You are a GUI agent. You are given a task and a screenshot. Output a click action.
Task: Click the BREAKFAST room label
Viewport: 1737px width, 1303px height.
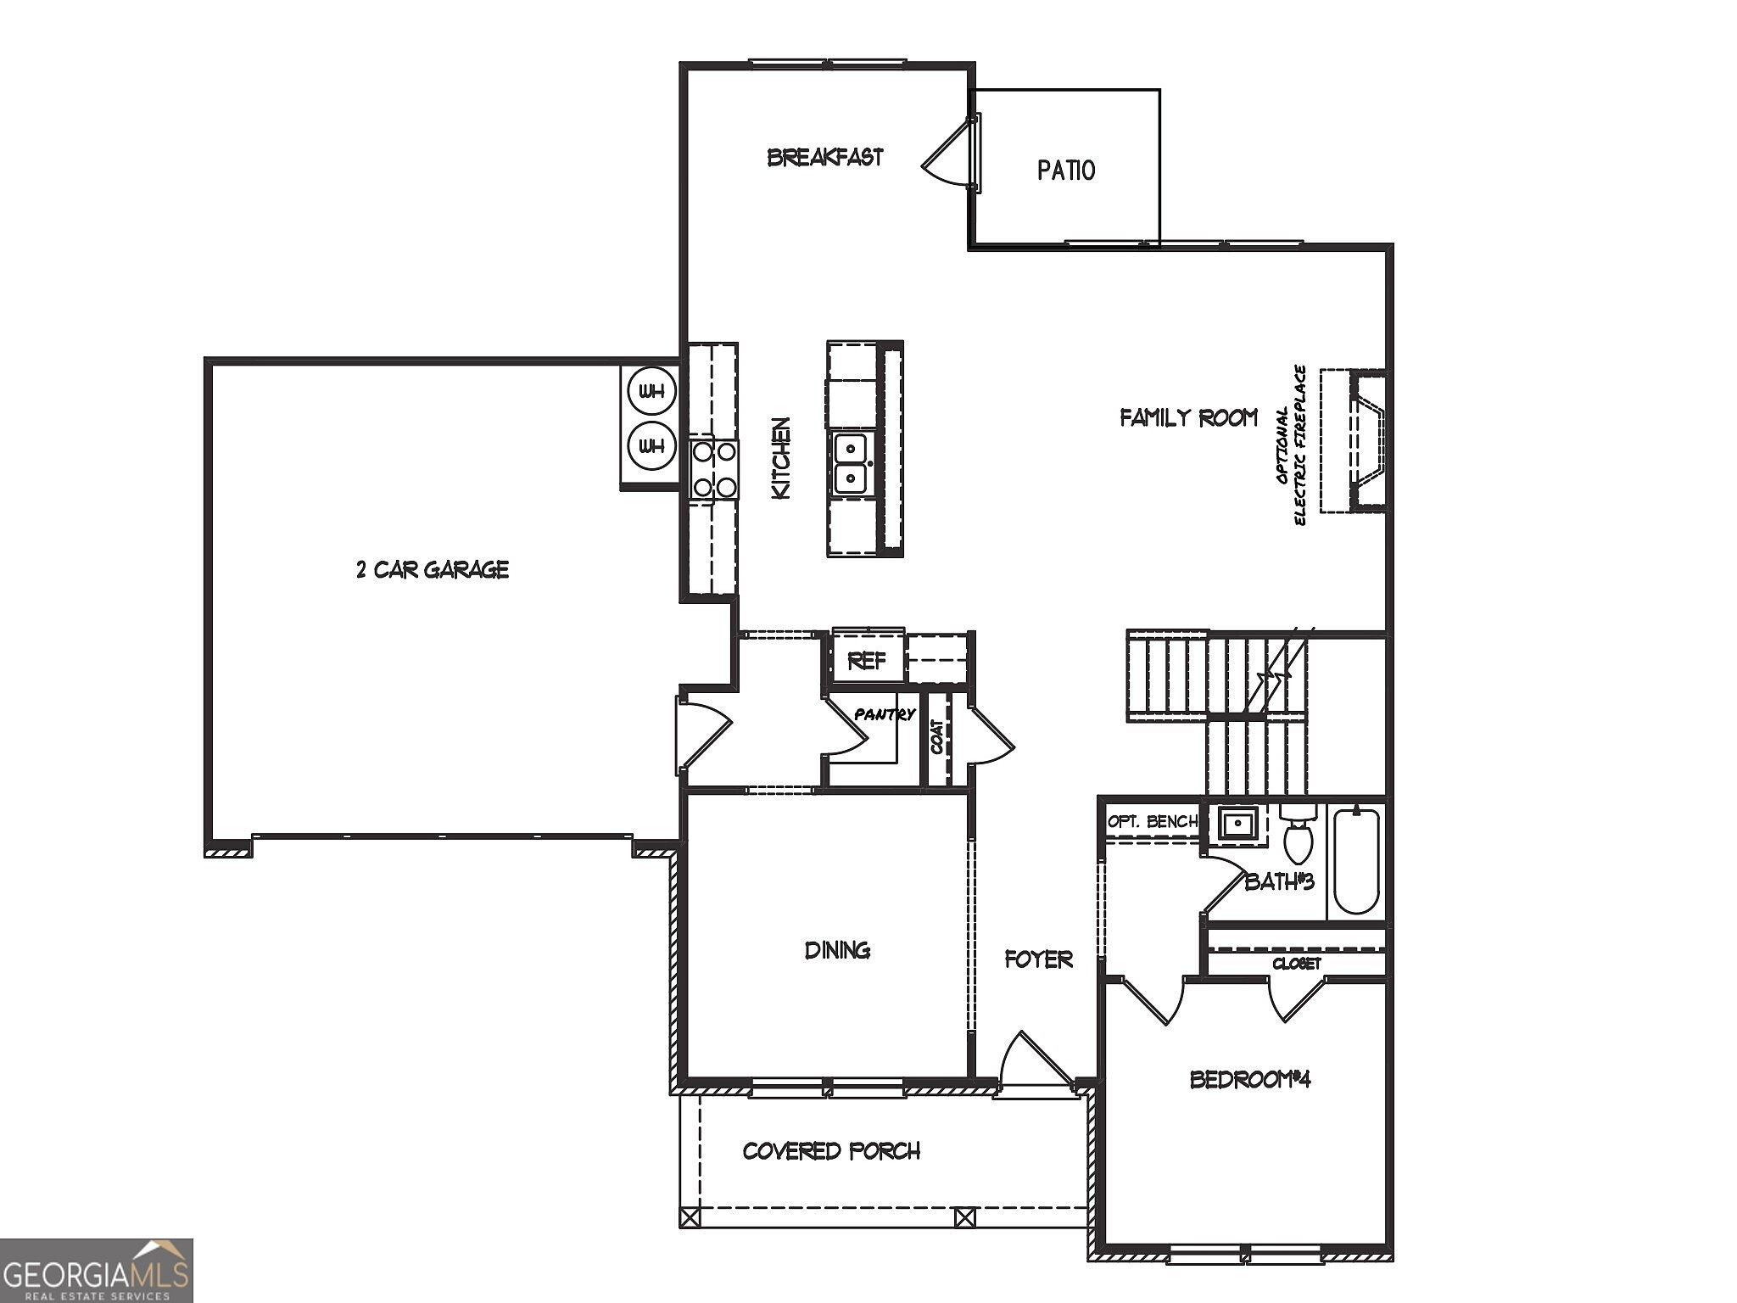click(824, 157)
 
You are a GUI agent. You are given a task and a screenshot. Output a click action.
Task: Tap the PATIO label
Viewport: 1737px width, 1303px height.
click(1065, 171)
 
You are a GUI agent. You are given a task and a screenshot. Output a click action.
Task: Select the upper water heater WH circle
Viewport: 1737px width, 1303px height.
click(651, 392)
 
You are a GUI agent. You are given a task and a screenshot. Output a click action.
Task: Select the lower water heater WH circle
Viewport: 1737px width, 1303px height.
click(651, 445)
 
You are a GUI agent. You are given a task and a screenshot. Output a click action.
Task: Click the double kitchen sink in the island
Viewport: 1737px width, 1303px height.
click(850, 463)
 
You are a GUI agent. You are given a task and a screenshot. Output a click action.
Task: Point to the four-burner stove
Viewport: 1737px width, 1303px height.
click(713, 470)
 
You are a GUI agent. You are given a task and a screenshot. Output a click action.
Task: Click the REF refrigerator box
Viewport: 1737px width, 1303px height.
click(866, 660)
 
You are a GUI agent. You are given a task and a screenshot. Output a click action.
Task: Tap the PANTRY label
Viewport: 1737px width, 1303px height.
click(884, 714)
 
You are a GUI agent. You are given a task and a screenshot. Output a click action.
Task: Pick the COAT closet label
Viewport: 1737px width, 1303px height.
click(937, 737)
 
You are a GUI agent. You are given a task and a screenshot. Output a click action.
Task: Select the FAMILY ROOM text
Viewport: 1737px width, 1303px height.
click(1188, 417)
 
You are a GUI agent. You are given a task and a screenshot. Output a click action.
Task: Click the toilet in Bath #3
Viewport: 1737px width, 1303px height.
click(1297, 836)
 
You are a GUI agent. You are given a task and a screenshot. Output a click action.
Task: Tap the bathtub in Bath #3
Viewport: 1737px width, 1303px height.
click(1356, 861)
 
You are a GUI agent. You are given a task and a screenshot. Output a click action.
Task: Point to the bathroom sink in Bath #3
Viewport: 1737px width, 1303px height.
click(1237, 823)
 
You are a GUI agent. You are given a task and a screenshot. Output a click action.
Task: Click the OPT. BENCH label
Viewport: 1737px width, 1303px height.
click(1151, 821)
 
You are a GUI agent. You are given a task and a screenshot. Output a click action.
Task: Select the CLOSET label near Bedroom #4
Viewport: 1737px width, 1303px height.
click(1296, 964)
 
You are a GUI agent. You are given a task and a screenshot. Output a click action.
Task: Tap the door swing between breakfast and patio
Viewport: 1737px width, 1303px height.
click(947, 156)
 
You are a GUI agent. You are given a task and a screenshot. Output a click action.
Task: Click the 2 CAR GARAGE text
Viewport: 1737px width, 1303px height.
click(432, 569)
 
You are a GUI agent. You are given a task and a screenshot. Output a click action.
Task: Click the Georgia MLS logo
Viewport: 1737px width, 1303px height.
click(96, 1270)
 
